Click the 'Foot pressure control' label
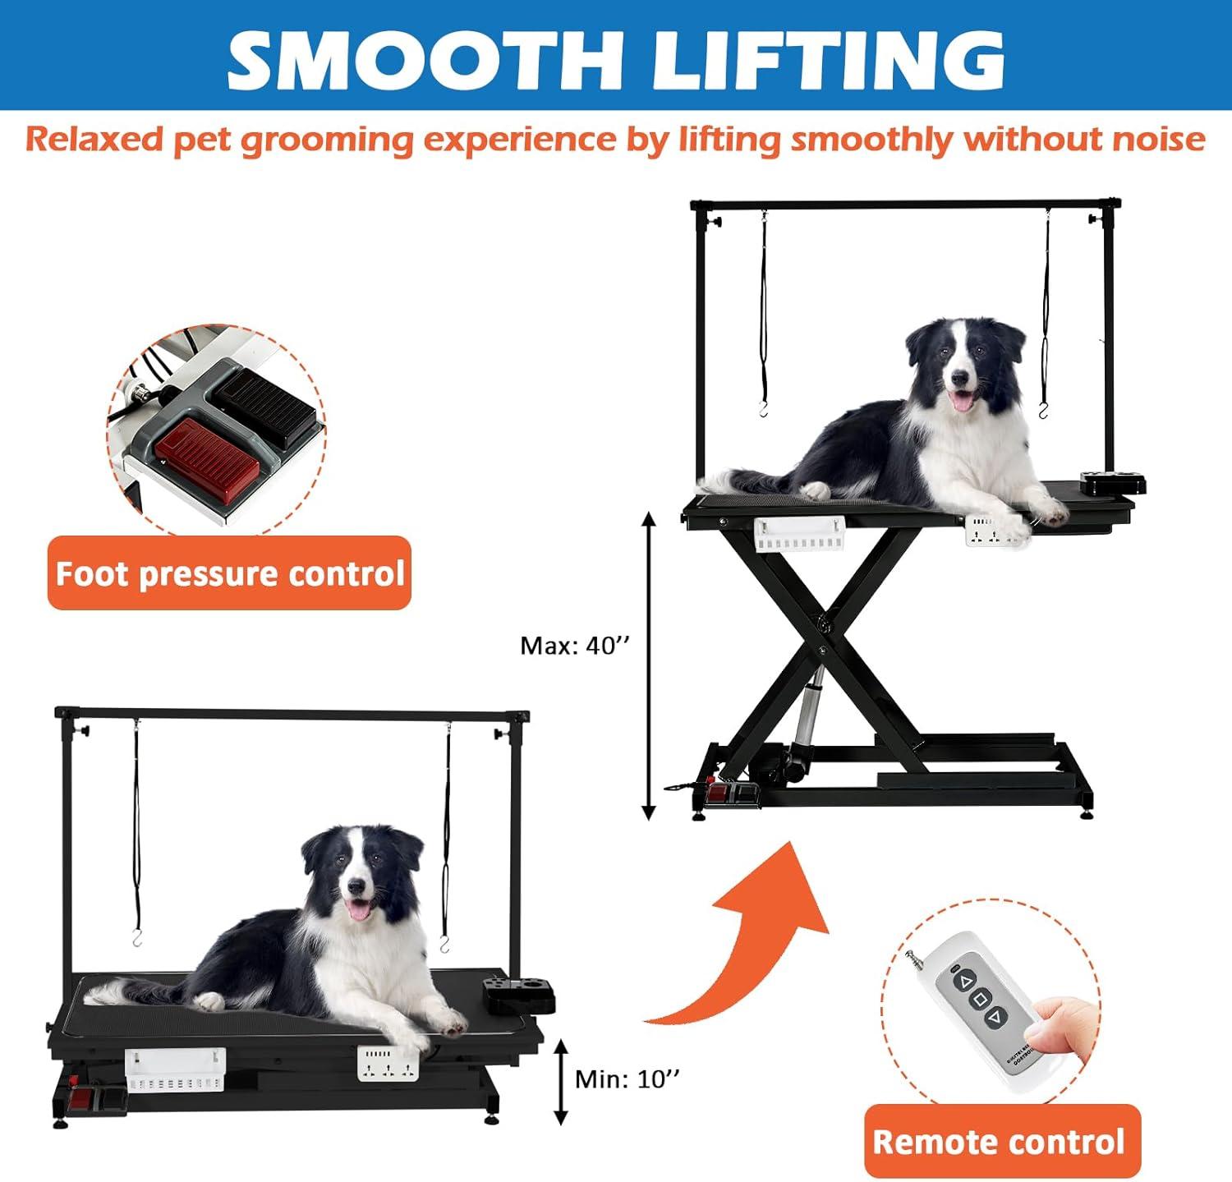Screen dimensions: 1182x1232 click(229, 573)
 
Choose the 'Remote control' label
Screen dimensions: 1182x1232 click(1002, 1141)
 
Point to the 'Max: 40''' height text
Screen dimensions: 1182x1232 click(574, 646)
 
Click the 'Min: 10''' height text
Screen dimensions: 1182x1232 click(627, 1079)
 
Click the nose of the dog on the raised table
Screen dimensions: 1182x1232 click(958, 379)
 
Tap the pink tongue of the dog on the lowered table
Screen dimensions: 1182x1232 click(357, 908)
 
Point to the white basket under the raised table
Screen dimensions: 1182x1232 click(799, 534)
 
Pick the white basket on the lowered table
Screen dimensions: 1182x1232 click(175, 1069)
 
